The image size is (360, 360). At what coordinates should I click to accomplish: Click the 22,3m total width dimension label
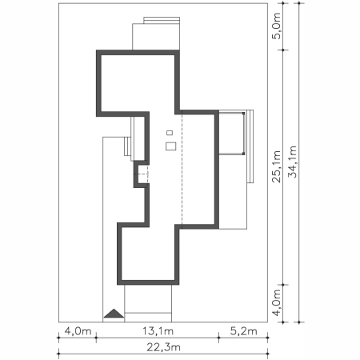click(163, 347)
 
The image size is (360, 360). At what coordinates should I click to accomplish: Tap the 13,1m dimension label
click(158, 331)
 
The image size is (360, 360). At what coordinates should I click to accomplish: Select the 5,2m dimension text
click(243, 331)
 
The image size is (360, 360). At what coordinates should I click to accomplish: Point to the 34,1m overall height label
click(292, 162)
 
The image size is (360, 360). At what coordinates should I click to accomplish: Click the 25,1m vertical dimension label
click(276, 166)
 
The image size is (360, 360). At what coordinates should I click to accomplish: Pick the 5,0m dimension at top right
click(276, 26)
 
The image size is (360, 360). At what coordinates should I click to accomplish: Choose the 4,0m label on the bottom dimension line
click(78, 331)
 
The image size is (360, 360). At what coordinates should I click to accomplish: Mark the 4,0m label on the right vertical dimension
click(276, 303)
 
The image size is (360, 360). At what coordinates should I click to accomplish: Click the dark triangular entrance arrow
click(114, 314)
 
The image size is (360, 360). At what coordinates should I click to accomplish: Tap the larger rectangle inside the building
click(170, 146)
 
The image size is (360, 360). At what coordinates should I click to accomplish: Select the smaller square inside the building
click(170, 133)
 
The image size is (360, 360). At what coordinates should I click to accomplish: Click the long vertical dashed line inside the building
click(182, 170)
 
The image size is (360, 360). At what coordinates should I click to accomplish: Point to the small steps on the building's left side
click(127, 146)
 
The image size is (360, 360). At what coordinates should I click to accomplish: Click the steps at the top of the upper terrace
click(162, 20)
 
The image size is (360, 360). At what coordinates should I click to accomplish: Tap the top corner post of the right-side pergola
click(243, 114)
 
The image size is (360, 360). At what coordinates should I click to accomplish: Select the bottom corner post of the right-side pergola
click(243, 154)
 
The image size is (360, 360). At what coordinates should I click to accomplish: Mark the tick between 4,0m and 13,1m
click(96, 338)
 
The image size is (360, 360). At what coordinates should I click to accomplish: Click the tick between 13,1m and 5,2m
click(218, 338)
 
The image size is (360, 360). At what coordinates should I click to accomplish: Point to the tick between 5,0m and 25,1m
click(283, 50)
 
